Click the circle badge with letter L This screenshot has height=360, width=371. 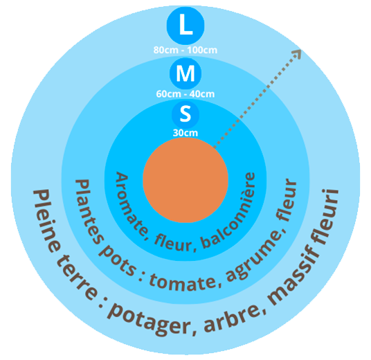[185, 26]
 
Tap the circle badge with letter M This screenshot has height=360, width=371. [185, 73]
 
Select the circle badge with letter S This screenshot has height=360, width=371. [185, 115]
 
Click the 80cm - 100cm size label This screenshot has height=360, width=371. [185, 50]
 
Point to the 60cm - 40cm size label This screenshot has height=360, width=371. [185, 94]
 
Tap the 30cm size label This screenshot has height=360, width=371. [185, 133]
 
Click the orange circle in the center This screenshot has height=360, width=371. [185, 180]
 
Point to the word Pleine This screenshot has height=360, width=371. [46, 220]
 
